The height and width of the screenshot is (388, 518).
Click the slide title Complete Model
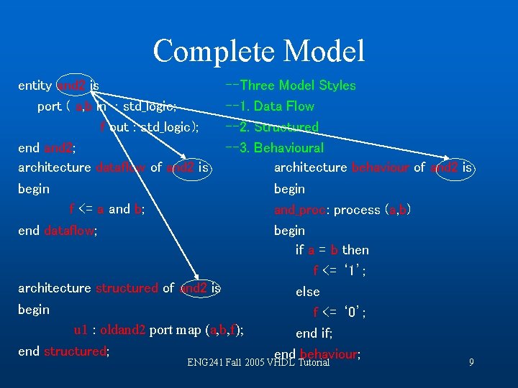[x=259, y=51]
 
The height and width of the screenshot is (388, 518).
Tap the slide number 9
[x=471, y=363]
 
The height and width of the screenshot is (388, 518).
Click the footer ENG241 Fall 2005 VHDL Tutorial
[x=258, y=363]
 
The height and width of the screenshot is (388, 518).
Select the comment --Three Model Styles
[x=291, y=86]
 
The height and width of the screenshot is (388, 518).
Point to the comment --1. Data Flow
[x=270, y=106]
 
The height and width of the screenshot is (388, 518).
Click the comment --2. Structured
[x=272, y=127]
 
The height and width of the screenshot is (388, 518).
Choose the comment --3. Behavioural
[x=275, y=148]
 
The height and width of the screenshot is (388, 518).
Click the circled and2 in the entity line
[x=71, y=86]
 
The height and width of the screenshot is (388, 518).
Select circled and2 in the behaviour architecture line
[x=446, y=168]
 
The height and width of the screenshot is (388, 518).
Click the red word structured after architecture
[x=126, y=288]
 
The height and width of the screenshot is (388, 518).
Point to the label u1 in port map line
[x=81, y=331]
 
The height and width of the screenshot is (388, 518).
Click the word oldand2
[x=123, y=331]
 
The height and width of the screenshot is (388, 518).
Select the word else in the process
[x=307, y=292]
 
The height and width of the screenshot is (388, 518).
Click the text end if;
[x=314, y=333]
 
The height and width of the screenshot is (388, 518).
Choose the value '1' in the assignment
[x=355, y=272]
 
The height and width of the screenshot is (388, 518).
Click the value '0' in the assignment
[x=355, y=313]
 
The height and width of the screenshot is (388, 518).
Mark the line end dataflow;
[x=58, y=231]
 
